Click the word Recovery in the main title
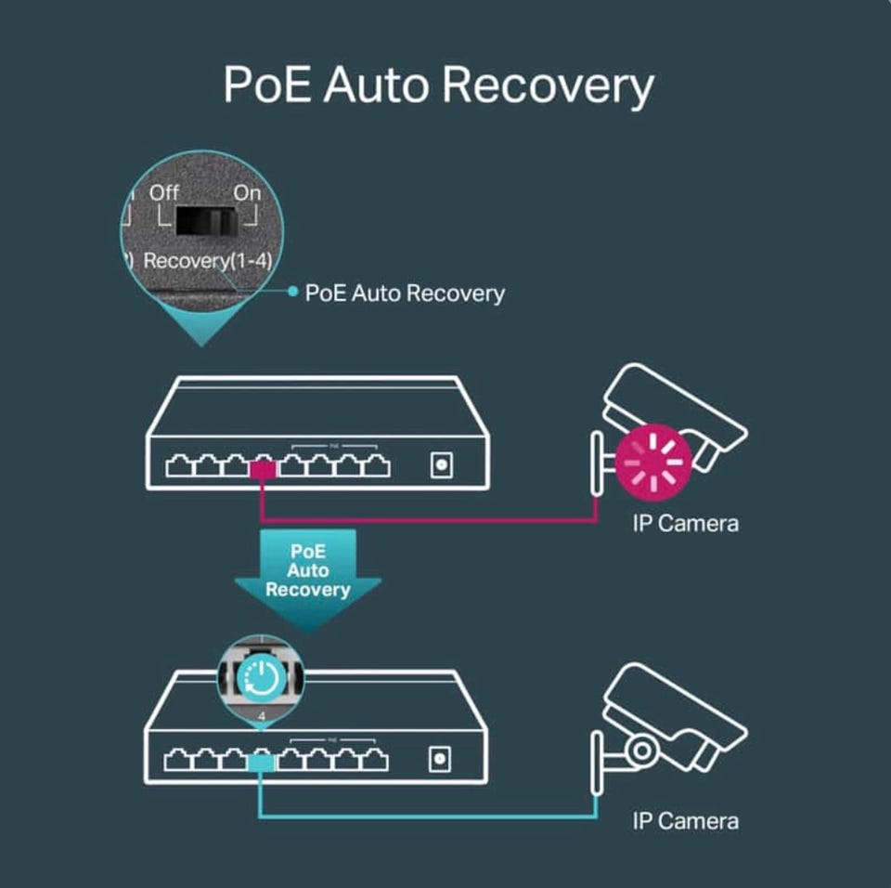click(x=548, y=85)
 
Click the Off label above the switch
click(x=164, y=193)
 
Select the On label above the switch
click(x=247, y=193)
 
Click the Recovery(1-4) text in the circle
click(x=208, y=261)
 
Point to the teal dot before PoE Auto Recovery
click(x=292, y=293)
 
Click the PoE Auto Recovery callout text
click(x=405, y=294)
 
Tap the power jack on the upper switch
click(x=441, y=465)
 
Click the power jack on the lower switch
click(x=441, y=760)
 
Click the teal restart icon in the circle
click(x=264, y=679)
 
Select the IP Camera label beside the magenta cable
click(x=685, y=523)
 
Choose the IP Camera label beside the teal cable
click(x=685, y=820)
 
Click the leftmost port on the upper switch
click(x=178, y=466)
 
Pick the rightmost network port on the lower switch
click(x=376, y=761)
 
